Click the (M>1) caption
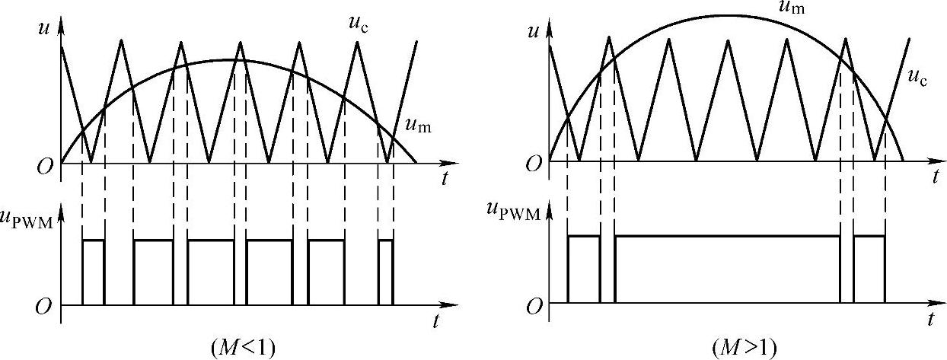(x=744, y=348)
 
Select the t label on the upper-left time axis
(x=443, y=180)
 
